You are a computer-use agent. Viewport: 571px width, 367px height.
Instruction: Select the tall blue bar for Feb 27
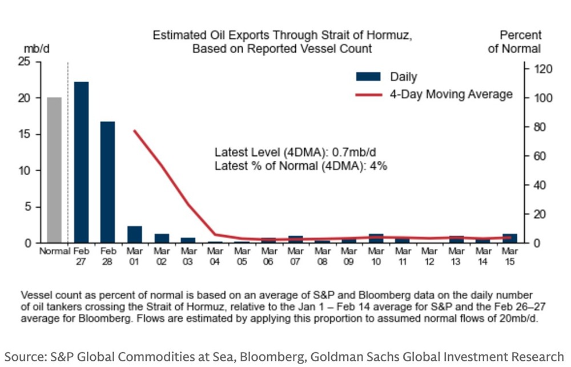81,163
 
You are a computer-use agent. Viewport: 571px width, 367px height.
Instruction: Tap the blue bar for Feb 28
107,183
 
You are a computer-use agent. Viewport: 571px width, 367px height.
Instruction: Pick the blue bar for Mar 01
135,235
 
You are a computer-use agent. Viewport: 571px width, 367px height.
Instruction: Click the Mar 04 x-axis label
215,255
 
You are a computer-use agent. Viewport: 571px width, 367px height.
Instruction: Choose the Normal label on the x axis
54,251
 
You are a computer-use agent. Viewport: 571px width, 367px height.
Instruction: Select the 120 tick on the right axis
542,69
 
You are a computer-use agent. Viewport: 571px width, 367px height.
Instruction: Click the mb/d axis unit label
37,49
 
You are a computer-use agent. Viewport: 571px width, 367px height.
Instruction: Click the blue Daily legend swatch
369,76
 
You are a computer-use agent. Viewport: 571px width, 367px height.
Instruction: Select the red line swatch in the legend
369,94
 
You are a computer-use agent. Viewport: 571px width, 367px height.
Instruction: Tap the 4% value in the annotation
380,166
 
